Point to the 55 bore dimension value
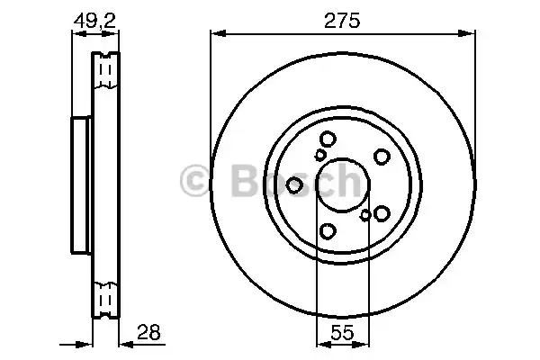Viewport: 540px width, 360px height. pos(341,333)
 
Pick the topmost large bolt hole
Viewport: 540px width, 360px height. pos(328,139)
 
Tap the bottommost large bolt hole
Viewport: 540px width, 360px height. pos(328,231)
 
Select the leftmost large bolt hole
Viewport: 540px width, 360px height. pos(294,185)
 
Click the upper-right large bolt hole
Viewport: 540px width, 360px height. pos(381,157)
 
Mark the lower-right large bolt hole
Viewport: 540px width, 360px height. pos(381,213)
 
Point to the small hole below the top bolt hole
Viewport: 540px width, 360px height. pos(319,155)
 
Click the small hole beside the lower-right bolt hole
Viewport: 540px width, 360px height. pos(364,215)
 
